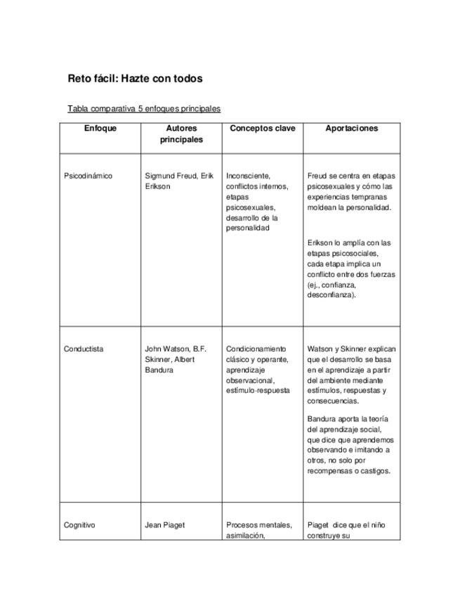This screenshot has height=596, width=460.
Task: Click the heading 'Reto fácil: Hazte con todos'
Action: [135, 79]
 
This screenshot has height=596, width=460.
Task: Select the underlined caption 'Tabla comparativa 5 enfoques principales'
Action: [144, 109]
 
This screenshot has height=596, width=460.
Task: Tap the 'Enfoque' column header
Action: [100, 129]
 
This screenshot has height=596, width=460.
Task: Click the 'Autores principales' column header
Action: [181, 134]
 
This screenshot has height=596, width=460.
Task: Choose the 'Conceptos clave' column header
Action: [263, 129]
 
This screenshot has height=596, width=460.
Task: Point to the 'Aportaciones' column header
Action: [351, 129]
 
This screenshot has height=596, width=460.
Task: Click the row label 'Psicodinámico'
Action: [88, 176]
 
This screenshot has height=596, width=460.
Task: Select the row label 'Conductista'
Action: [84, 349]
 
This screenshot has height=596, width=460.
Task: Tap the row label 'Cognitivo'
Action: [79, 525]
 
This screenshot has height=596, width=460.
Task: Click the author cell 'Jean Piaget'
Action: [164, 525]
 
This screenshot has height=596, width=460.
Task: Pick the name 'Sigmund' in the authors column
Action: [159, 176]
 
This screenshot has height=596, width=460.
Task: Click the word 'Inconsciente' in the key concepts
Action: [248, 176]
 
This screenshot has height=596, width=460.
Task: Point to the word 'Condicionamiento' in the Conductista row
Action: [256, 349]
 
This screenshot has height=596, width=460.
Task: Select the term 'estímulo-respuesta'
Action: [257, 390]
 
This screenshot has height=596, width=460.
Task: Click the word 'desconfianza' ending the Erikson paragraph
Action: [330, 295]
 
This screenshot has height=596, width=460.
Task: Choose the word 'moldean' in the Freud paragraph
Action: [321, 207]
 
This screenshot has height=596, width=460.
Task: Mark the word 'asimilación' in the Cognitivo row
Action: [245, 536]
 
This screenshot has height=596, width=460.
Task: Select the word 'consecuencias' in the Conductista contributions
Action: [333, 401]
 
